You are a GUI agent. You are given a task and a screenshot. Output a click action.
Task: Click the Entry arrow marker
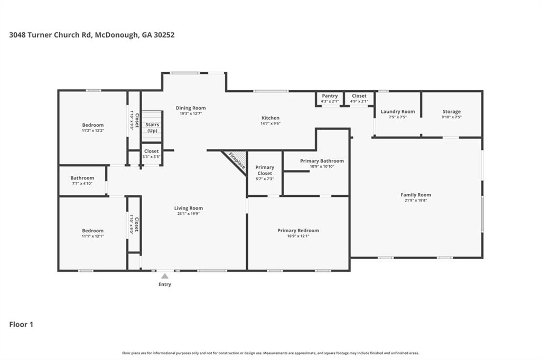165,276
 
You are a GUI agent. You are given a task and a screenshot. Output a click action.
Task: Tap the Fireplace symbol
236,160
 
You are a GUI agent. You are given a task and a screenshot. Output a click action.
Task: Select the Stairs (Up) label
152,128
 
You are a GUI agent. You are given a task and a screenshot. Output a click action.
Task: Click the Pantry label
329,96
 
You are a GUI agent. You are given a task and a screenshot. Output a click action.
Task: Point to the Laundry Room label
398,111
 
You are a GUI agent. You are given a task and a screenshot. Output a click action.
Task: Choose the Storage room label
451,111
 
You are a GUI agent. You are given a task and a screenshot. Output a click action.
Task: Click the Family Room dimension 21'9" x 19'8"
416,201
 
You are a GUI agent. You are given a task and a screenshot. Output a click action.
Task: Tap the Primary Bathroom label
322,161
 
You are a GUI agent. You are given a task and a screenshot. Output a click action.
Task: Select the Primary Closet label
265,170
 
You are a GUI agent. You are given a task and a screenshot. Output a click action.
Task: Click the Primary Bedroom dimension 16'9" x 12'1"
298,236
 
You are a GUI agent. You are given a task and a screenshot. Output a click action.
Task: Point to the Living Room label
189,208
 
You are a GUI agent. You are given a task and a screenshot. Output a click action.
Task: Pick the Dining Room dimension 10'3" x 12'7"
191,113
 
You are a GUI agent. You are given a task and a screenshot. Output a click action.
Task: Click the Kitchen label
270,118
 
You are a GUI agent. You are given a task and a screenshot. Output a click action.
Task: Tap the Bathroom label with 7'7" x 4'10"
82,178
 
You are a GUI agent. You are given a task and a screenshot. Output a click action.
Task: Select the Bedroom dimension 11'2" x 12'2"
92,130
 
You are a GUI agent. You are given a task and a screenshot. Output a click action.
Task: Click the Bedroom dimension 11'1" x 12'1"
92,236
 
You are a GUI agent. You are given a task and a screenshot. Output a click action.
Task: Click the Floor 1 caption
21,325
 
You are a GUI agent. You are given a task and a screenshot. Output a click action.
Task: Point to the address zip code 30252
162,35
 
